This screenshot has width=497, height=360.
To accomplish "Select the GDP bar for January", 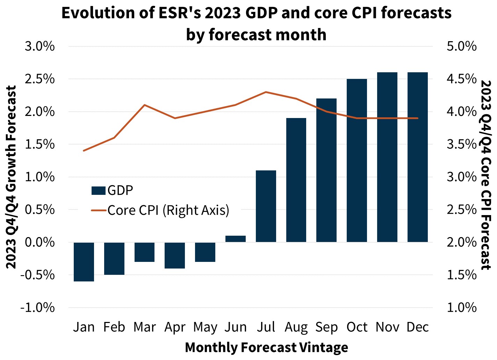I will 84,262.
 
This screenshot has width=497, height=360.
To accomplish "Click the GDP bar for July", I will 266,206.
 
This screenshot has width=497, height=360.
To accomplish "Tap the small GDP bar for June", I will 236,239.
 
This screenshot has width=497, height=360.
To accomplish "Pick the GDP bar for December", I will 418,157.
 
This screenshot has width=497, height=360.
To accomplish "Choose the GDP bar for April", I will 175,255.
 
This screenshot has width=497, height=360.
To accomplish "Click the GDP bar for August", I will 296,180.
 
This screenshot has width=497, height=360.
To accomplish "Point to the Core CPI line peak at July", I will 266,92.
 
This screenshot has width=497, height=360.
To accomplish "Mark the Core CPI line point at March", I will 145,105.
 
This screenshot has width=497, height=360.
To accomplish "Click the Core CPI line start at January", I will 84,151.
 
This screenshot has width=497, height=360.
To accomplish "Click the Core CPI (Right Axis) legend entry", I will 161,211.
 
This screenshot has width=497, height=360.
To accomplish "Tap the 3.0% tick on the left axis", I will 40,46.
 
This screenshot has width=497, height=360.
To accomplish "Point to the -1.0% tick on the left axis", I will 38,308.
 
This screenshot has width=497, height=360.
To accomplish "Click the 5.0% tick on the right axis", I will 461,46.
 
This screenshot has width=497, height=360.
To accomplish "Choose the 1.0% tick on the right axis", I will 461,308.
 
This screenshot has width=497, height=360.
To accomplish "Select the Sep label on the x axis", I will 326,327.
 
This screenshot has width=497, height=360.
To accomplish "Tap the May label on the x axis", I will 205,328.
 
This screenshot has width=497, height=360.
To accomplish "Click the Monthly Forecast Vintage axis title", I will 266,347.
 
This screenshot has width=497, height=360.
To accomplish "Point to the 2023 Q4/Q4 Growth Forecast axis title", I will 12,177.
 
